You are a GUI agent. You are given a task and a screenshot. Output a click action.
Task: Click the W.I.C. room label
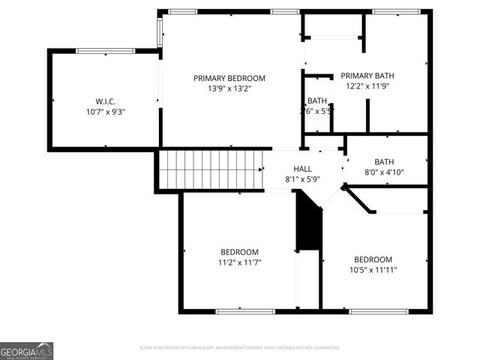point(104,101)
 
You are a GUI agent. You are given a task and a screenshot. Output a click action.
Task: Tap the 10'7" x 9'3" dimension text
point(104,112)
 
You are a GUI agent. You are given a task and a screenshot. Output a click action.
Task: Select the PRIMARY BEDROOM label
point(229,78)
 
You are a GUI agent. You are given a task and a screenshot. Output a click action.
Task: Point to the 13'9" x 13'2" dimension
point(229,88)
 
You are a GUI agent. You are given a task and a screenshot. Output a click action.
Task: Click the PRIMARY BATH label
point(367,76)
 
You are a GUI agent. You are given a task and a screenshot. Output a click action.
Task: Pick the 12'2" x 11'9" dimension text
point(367,86)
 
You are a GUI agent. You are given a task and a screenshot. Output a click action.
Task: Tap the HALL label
point(302,169)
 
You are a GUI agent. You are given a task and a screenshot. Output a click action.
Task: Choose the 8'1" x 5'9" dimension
point(302,180)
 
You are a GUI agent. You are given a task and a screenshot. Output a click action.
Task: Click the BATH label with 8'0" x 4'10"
point(384,161)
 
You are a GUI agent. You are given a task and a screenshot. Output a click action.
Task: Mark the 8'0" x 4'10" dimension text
point(384,172)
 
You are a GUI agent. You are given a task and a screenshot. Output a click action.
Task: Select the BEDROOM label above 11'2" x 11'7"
point(239,252)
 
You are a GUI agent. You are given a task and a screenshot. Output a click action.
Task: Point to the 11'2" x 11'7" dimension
point(239,262)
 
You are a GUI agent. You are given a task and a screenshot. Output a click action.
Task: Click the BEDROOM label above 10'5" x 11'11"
point(373,259)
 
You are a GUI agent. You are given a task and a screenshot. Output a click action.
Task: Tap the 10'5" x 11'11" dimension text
point(373,270)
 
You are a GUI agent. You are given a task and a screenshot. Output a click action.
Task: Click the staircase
point(211,169)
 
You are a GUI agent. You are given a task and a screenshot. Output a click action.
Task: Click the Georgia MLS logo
point(26,351)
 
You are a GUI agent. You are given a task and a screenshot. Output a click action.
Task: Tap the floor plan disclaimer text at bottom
point(240,348)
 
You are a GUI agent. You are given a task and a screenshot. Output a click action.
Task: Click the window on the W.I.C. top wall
point(106,51)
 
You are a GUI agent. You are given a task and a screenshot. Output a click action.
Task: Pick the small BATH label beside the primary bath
point(316,101)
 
